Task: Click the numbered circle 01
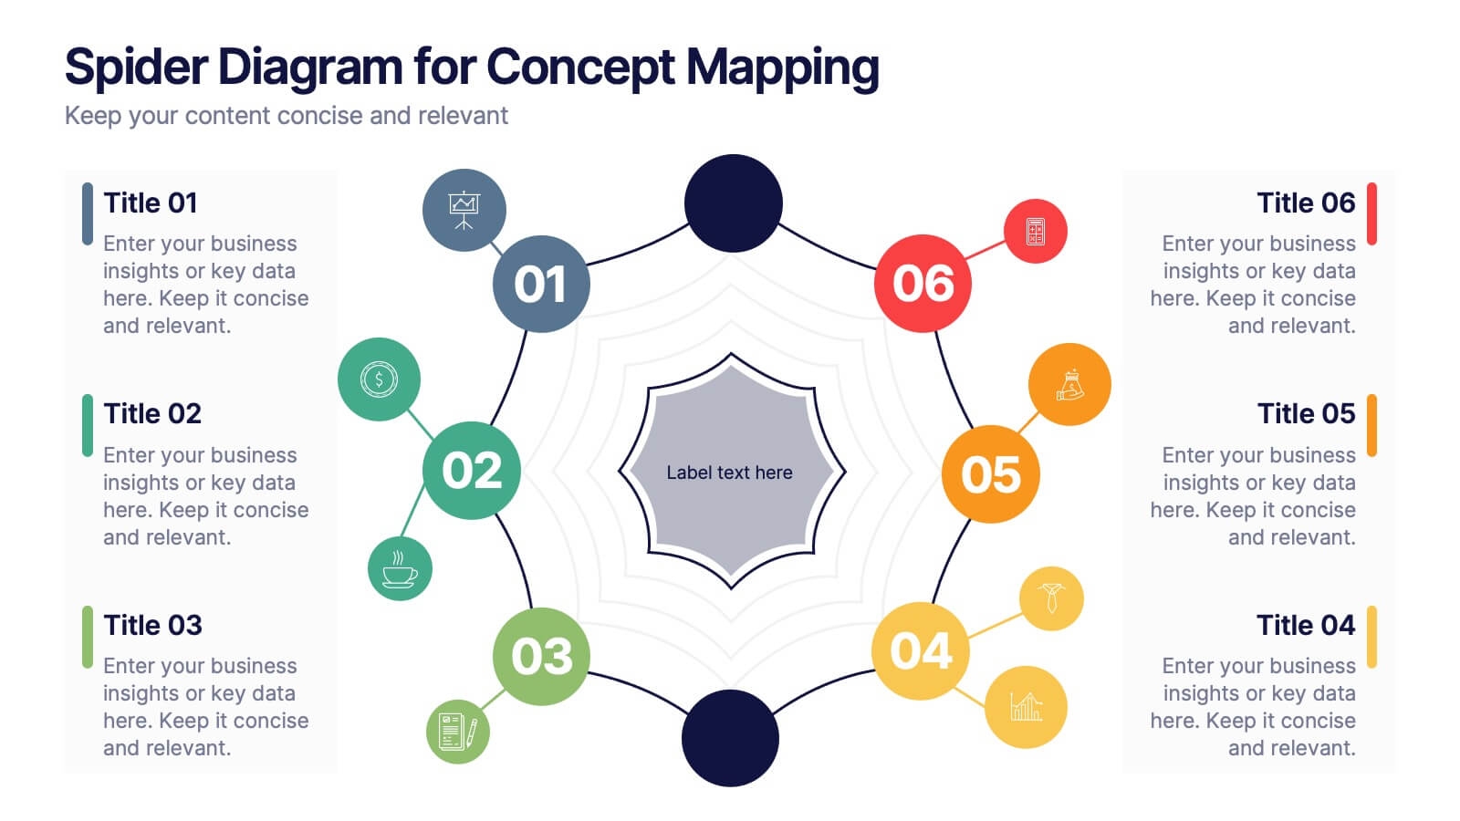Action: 541,284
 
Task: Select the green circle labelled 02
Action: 472,471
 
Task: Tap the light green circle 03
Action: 541,656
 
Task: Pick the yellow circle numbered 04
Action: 921,651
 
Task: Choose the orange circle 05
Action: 990,474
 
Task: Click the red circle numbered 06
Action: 923,284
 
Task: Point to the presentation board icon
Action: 464,211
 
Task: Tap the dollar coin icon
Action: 379,379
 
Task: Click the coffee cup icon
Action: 400,568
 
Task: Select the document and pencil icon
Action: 457,732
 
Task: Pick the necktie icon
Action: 1051,598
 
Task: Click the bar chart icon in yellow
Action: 1026,707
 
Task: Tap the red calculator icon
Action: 1035,232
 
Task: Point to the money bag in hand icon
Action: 1069,384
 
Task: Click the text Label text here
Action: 729,473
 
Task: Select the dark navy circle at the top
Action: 734,203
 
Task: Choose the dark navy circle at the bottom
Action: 730,738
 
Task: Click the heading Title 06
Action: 1306,203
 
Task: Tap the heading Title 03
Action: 152,625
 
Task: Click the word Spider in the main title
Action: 137,68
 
